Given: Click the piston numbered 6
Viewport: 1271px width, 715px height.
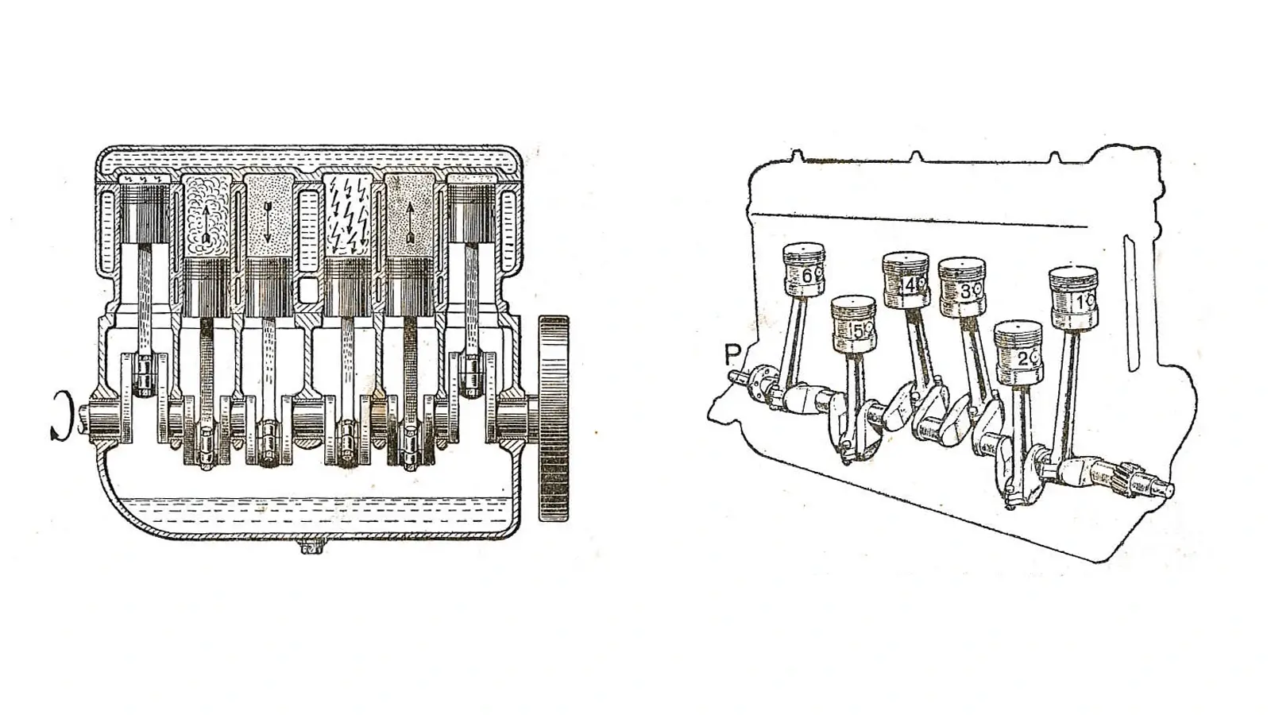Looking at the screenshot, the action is tap(804, 269).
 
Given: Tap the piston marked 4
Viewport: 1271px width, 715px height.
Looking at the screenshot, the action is tap(906, 280).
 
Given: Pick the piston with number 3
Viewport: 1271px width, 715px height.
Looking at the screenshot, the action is tap(962, 287).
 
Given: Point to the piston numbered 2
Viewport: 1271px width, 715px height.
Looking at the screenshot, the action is tap(1018, 353).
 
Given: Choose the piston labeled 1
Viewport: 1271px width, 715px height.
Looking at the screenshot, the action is tap(1073, 297).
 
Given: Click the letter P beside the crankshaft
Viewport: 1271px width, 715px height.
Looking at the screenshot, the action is tap(732, 355).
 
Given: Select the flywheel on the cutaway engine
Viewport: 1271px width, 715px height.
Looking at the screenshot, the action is tap(553, 418).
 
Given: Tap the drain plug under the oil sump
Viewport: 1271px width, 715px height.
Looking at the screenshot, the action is tap(311, 547).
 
